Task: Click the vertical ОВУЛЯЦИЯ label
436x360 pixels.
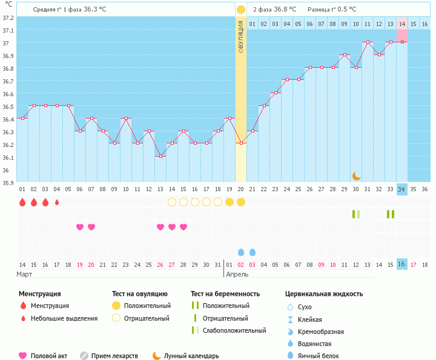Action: pyautogui.click(x=241, y=36)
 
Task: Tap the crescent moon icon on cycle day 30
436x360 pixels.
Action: pyautogui.click(x=357, y=175)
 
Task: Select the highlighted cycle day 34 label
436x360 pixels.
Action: pyautogui.click(x=402, y=189)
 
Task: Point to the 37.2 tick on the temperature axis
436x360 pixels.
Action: pyautogui.click(x=7, y=18)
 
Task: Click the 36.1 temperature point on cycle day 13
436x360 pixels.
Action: pyautogui.click(x=160, y=156)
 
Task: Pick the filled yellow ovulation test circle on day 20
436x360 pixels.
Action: pyautogui.click(x=241, y=202)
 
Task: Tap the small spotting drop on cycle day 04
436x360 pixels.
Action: pyautogui.click(x=57, y=202)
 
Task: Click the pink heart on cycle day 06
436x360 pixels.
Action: pyautogui.click(x=80, y=227)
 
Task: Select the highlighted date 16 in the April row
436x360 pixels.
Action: pyautogui.click(x=402, y=264)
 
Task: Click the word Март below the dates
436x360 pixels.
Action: pyautogui.click(x=25, y=274)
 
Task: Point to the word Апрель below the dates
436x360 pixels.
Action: pyautogui.click(x=237, y=274)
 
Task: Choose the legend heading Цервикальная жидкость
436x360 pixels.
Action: pyautogui.click(x=324, y=294)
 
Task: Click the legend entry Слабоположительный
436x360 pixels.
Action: pyautogui.click(x=234, y=330)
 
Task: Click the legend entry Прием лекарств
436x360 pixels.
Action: pyautogui.click(x=114, y=356)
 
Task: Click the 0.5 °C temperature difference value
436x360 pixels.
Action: pyautogui.click(x=346, y=9)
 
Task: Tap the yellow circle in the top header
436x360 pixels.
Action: pyautogui.click(x=241, y=9)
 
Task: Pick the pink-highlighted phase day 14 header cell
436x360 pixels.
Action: pyautogui.click(x=402, y=24)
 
